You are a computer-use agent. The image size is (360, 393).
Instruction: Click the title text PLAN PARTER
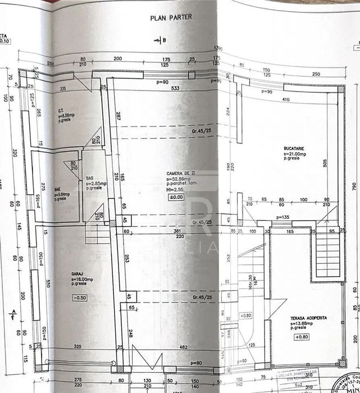(171, 17)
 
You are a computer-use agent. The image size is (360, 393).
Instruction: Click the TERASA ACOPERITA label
(308, 318)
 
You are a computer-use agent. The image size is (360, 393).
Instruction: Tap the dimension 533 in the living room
(175, 88)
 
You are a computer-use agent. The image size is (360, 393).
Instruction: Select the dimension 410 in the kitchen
(287, 100)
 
